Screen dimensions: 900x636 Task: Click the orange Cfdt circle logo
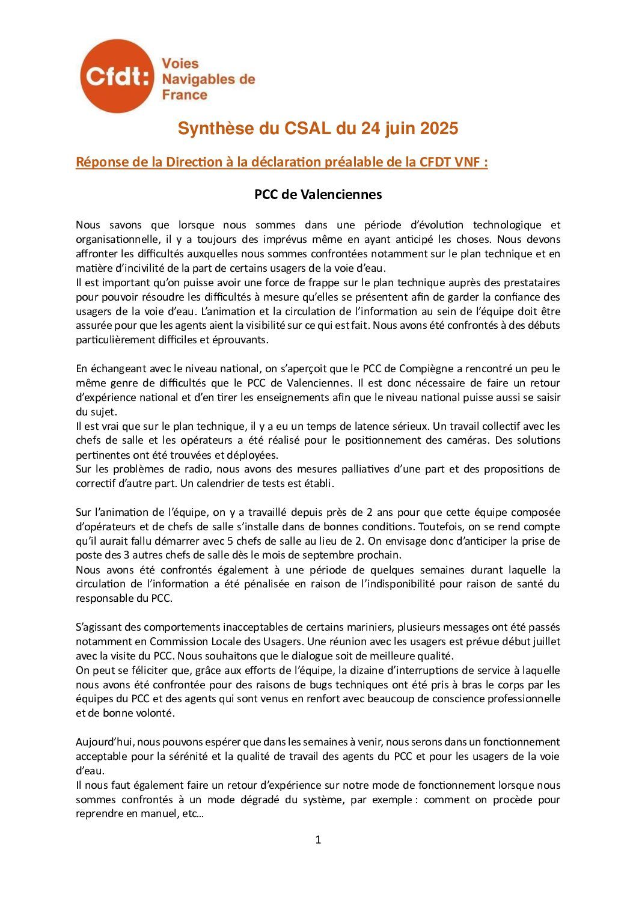coord(117,76)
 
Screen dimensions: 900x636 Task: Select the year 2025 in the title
coord(439,129)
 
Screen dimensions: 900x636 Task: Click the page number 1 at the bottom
coord(318,839)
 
